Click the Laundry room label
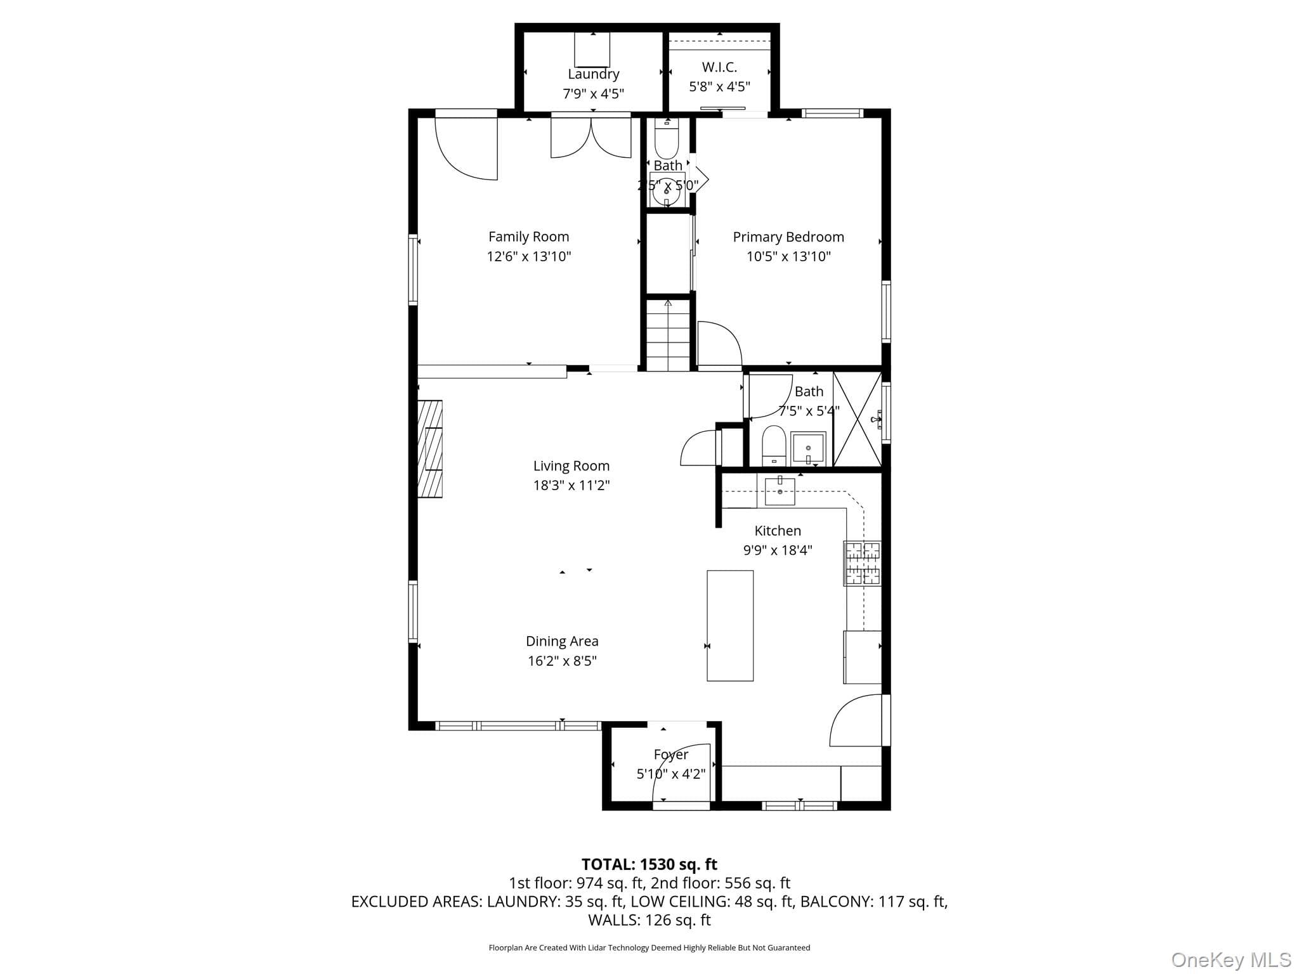pos(593,74)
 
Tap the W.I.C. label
pos(719,67)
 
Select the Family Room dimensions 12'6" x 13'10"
pos(529,256)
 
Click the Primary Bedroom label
pos(788,237)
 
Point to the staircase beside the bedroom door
pos(668,335)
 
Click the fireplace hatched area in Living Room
pos(430,448)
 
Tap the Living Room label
pos(571,466)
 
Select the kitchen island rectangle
pos(730,626)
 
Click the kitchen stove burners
pos(862,562)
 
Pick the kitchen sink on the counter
pos(780,491)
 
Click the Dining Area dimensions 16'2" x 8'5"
pos(563,661)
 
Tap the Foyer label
pos(671,755)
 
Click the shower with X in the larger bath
pos(857,419)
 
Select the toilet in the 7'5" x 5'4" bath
pos(774,445)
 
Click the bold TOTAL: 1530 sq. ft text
pos(649,864)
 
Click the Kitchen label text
pos(778,531)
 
